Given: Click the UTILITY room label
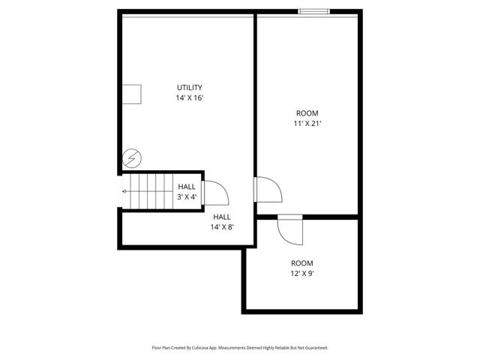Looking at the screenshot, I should click(189, 88).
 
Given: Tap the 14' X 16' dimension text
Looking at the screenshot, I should click(189, 98).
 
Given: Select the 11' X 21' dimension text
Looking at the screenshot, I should click(307, 124).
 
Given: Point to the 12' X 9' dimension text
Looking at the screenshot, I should click(302, 274).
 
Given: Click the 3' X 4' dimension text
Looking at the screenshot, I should click(187, 197).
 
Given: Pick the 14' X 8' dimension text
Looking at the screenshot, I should click(222, 226).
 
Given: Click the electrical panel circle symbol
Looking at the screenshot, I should click(130, 159).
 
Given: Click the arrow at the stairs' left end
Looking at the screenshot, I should click(125, 191).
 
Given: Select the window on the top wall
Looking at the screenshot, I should click(313, 11).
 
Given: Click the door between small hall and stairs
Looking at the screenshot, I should click(214, 193).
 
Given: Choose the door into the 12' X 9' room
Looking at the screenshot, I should click(290, 229).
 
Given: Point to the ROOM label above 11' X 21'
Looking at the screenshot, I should click(307, 113).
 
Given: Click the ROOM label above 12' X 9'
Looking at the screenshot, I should click(302, 263).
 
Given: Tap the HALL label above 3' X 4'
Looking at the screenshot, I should click(187, 187).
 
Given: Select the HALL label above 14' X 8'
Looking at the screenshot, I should click(222, 217).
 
